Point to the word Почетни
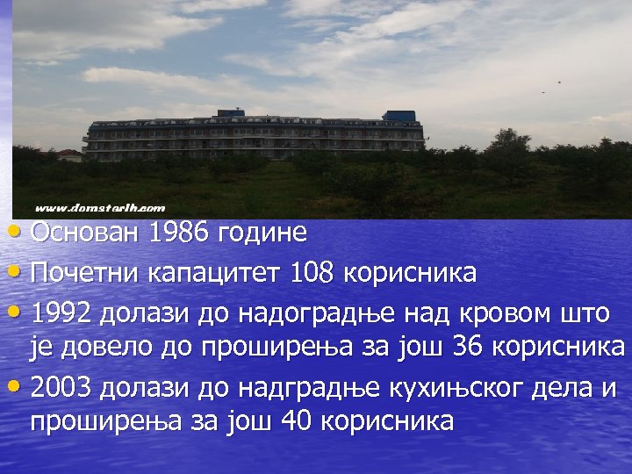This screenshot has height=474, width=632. coord(85,273)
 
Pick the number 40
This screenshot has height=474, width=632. coord(296,421)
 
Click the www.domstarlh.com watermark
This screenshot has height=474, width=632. coord(100,208)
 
